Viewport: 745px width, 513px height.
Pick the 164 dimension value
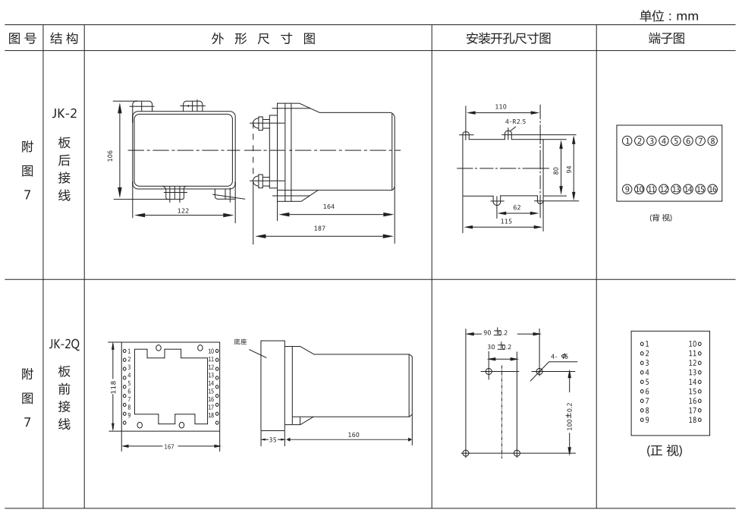(328, 206)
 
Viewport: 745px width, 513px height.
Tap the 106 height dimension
(111, 155)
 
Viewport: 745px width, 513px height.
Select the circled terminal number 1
(627, 140)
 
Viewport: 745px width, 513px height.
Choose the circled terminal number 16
(712, 188)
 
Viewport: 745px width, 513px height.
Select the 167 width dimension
(169, 446)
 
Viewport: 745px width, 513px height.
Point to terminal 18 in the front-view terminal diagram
(694, 420)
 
